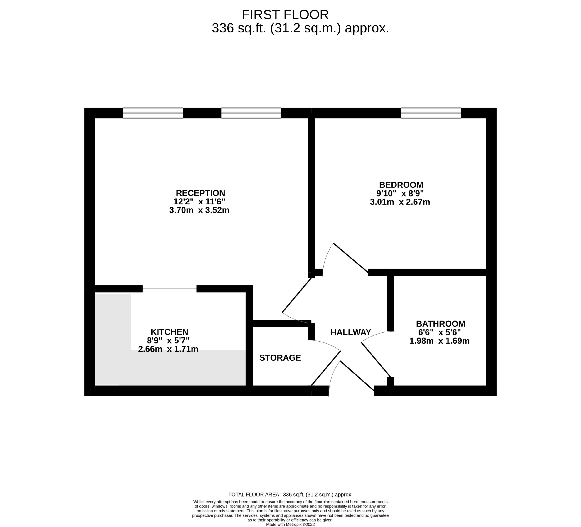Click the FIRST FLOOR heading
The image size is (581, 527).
click(x=285, y=14)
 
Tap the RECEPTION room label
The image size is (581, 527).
click(x=200, y=193)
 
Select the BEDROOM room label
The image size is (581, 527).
click(x=401, y=185)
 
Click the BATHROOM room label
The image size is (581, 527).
click(x=441, y=324)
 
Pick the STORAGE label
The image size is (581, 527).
click(x=280, y=358)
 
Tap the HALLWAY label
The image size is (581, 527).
click(x=351, y=332)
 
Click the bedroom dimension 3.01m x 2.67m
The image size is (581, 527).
click(x=400, y=202)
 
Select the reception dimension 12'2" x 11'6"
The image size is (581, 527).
click(x=199, y=201)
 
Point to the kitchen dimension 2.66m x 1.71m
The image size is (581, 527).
click(x=168, y=349)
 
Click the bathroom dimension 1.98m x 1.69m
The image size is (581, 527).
click(x=440, y=341)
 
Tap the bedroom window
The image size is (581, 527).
click(x=431, y=113)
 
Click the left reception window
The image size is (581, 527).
click(x=153, y=113)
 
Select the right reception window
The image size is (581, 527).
click(x=251, y=113)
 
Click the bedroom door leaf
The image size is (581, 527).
click(x=351, y=258)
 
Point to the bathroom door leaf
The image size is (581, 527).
click(x=376, y=359)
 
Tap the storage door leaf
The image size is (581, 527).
click(x=326, y=368)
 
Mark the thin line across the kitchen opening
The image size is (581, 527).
click(x=170, y=289)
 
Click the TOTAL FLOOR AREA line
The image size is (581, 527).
click(x=290, y=495)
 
